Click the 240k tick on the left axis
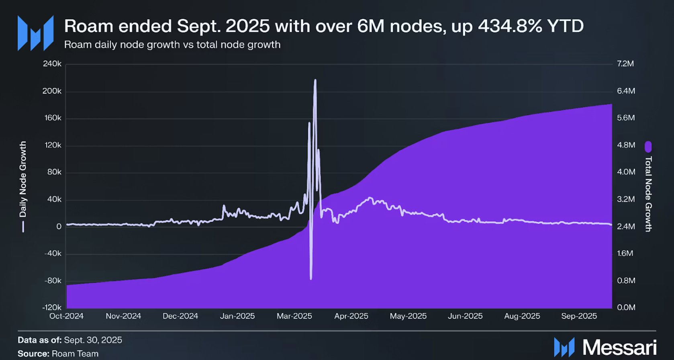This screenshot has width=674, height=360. (x=52, y=64)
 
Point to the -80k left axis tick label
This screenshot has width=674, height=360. (x=53, y=280)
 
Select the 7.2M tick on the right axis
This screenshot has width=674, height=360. (x=625, y=64)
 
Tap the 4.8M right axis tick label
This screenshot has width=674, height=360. (x=626, y=145)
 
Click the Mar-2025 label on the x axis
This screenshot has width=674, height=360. (x=294, y=316)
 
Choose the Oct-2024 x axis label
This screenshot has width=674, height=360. (x=66, y=316)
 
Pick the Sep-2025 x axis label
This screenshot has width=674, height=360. (x=579, y=316)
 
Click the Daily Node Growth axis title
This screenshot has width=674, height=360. (x=23, y=179)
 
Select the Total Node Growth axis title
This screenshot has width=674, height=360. (x=648, y=194)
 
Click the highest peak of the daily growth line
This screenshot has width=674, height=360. (x=315, y=80)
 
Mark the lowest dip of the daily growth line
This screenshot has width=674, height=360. (x=311, y=278)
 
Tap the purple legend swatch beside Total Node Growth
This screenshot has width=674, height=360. (x=648, y=147)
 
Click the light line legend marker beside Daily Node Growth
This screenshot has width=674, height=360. (x=23, y=227)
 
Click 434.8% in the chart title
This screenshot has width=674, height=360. (x=507, y=27)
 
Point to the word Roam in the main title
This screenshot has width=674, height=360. (x=88, y=27)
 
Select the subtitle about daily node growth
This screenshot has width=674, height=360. (x=172, y=45)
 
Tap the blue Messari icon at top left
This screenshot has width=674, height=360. (x=35, y=33)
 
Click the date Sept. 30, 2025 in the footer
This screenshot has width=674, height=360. (x=93, y=340)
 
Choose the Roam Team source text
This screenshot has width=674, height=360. (x=75, y=354)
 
